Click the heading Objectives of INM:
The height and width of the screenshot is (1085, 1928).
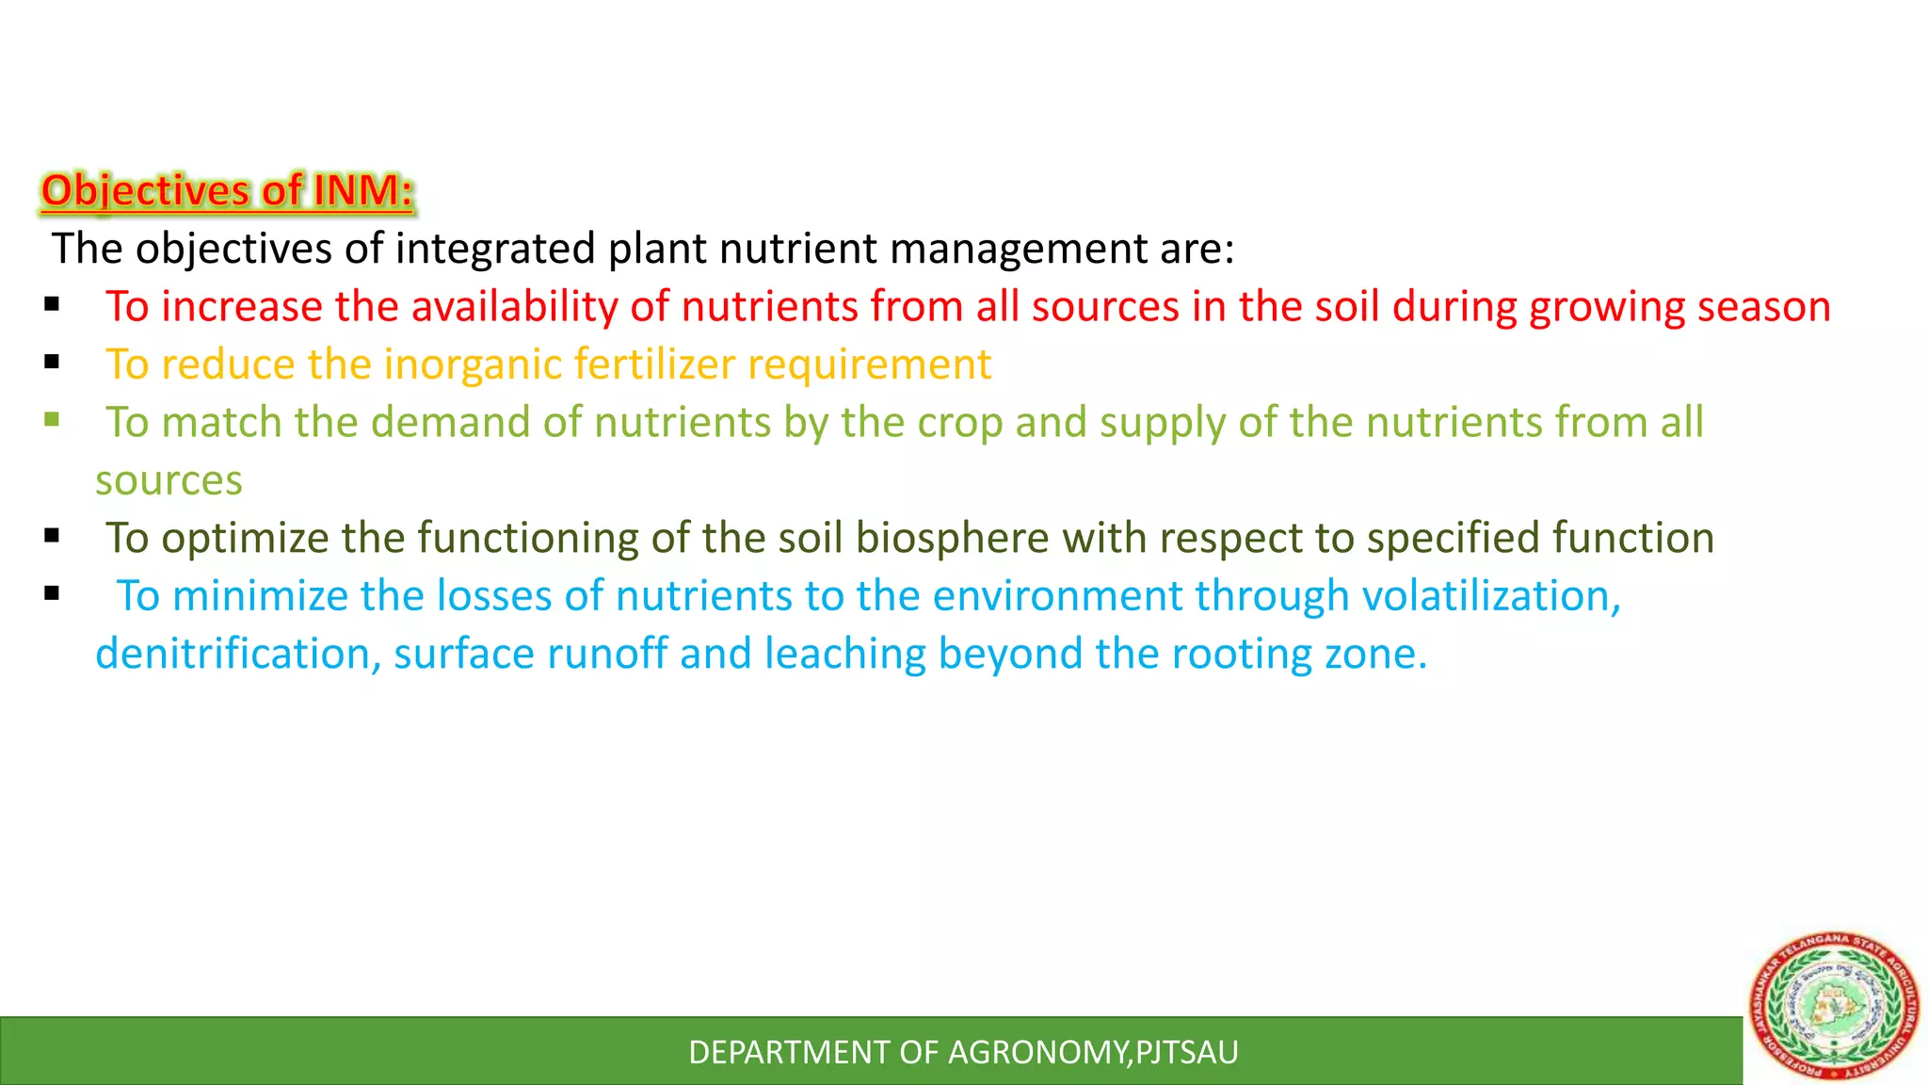[227, 190]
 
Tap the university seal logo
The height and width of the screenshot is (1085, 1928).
[1833, 1006]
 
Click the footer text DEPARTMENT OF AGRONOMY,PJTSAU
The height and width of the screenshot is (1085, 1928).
[963, 1052]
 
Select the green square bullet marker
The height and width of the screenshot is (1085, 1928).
[52, 419]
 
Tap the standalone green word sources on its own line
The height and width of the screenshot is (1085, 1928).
[169, 480]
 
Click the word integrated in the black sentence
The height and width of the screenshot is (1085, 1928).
[495, 249]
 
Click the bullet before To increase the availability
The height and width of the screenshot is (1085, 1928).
[52, 304]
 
